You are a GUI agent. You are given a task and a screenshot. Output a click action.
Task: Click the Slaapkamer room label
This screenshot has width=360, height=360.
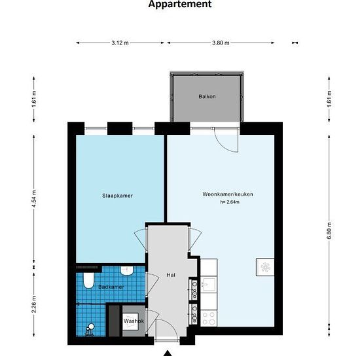[x=117, y=196]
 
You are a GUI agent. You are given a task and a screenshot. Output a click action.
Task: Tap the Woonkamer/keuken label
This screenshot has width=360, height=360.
[x=228, y=194]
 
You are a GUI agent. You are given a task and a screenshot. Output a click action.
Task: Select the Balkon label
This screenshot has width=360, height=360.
[x=207, y=96]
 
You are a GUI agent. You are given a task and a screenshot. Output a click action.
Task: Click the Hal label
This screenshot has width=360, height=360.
[x=171, y=275]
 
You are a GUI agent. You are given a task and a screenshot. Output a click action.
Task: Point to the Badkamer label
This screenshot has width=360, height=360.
[x=111, y=287]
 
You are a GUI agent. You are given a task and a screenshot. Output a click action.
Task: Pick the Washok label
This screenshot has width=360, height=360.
[x=134, y=321]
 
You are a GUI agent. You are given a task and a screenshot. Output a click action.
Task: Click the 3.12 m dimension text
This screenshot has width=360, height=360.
[x=120, y=43]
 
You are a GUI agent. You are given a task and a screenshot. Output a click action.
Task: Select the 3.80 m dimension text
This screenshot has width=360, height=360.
[x=221, y=43]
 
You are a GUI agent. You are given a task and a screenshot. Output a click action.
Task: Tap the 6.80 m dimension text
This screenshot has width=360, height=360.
[x=329, y=231]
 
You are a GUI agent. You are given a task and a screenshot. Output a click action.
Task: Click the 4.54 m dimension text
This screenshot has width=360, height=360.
[x=34, y=199]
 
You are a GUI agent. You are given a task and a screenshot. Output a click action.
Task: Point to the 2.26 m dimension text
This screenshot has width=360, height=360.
[x=34, y=304]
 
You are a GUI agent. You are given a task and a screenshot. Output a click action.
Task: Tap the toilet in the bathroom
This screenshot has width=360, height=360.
[x=88, y=280]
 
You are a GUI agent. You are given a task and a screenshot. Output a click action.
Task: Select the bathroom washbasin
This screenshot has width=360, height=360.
[x=127, y=271]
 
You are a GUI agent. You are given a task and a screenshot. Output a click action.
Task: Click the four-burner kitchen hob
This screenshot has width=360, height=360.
[x=209, y=318]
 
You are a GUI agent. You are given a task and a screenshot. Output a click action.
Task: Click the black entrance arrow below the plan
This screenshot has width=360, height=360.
[x=168, y=353]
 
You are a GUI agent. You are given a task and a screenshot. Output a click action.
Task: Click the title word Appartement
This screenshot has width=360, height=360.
[x=180, y=4]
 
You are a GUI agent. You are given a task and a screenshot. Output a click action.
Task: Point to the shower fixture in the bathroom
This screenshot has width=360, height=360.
[x=90, y=330]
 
